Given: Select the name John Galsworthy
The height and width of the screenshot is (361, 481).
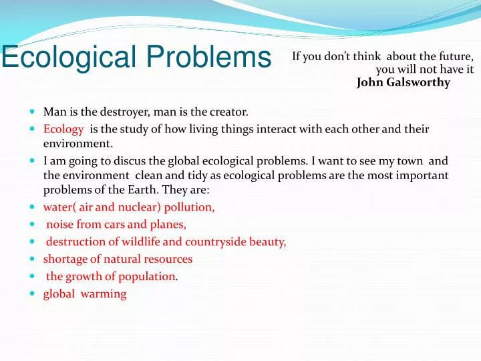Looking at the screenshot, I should click(x=404, y=83).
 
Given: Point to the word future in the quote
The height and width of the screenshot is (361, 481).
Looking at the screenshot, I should click(x=456, y=56).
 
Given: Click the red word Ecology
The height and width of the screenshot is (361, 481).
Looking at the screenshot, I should click(x=63, y=129).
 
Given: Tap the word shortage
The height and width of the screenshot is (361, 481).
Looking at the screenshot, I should click(x=65, y=259).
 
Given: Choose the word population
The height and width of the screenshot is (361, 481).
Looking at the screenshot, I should click(x=150, y=277).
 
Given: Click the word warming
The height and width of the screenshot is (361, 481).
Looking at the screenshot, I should click(x=104, y=294).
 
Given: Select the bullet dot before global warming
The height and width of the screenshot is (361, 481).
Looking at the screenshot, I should click(x=33, y=293).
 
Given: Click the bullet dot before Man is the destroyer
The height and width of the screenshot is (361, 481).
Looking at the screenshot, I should click(x=33, y=112).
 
